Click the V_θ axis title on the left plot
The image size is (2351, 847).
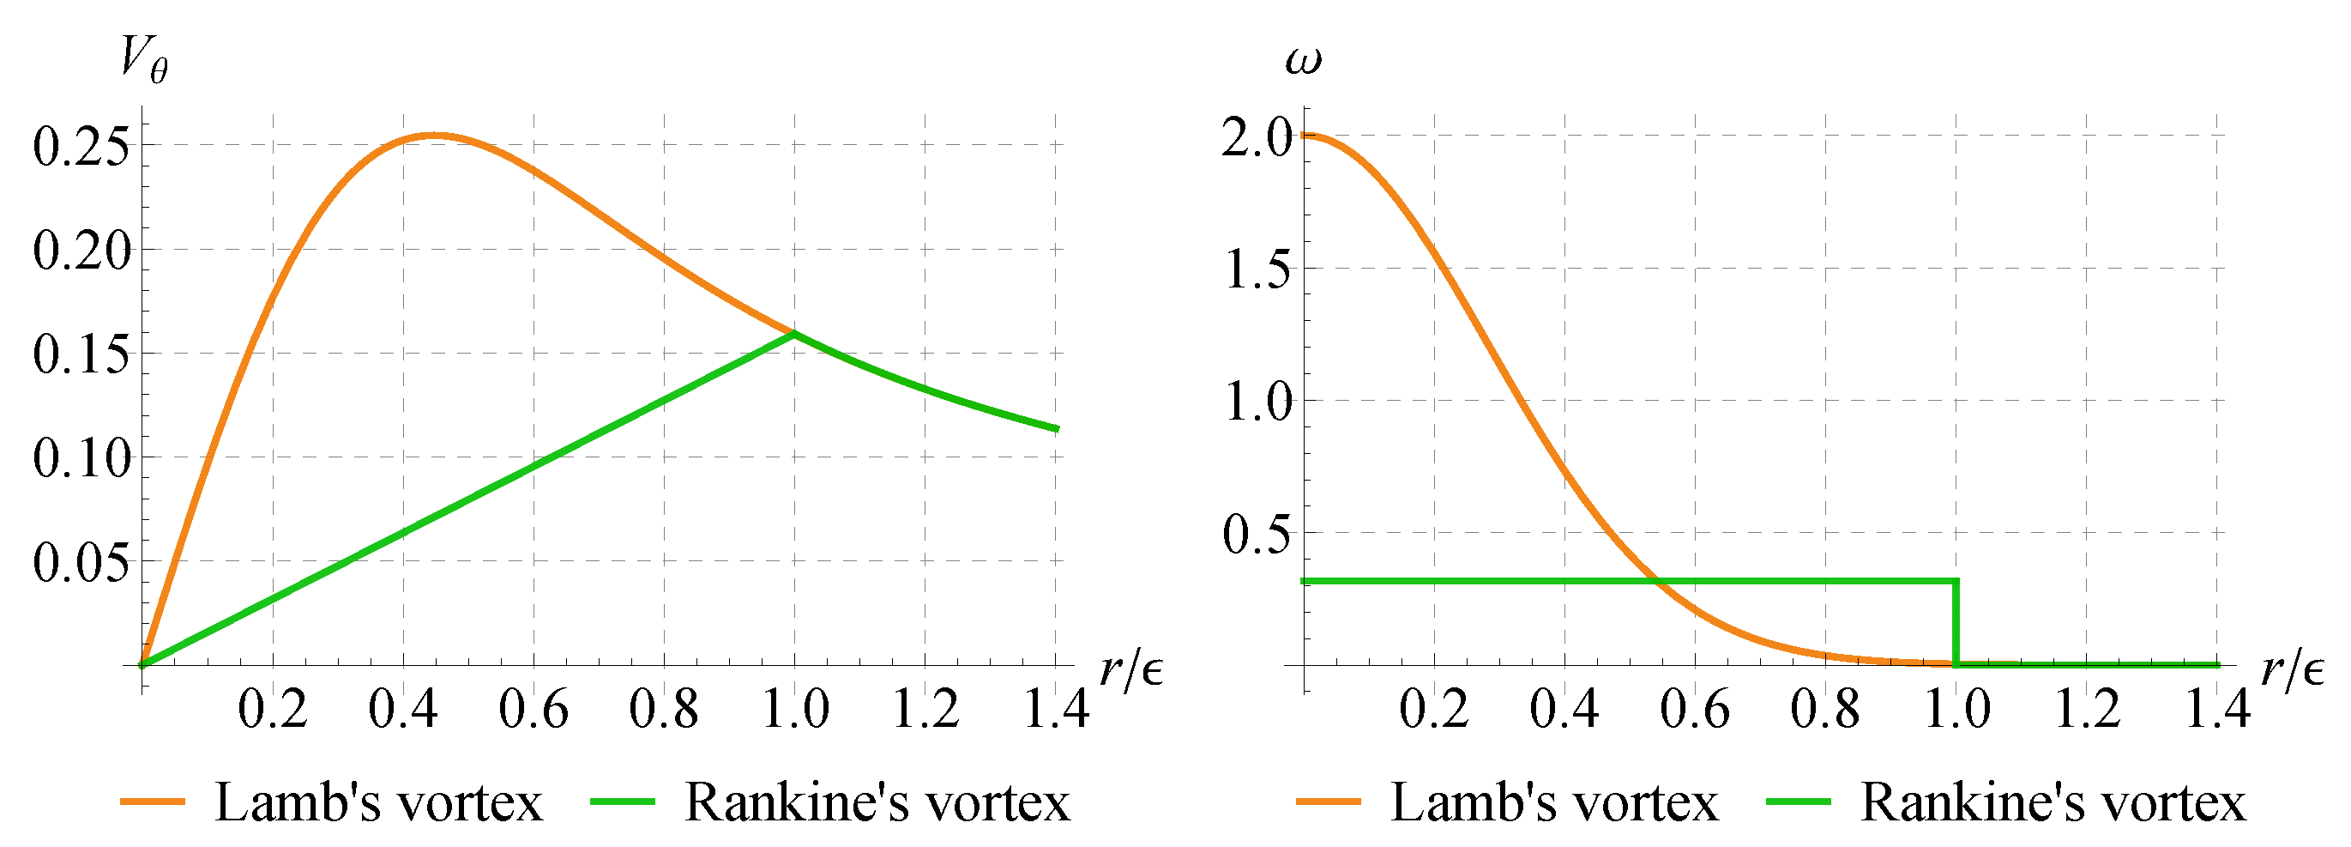[144, 62]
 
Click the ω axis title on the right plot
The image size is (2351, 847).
[1302, 60]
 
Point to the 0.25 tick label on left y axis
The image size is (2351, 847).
[82, 146]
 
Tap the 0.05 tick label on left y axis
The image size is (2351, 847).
[82, 562]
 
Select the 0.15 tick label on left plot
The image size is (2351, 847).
[82, 354]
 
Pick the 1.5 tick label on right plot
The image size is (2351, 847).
[1257, 270]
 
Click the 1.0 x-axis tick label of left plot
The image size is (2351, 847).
[795, 709]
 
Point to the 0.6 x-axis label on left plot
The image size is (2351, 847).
[533, 709]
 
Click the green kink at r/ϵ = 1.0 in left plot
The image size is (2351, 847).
[794, 334]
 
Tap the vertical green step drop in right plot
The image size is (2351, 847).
[1955, 622]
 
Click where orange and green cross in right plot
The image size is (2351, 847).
[1655, 580]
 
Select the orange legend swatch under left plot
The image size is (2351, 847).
[153, 802]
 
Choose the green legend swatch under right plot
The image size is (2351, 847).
[1799, 802]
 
